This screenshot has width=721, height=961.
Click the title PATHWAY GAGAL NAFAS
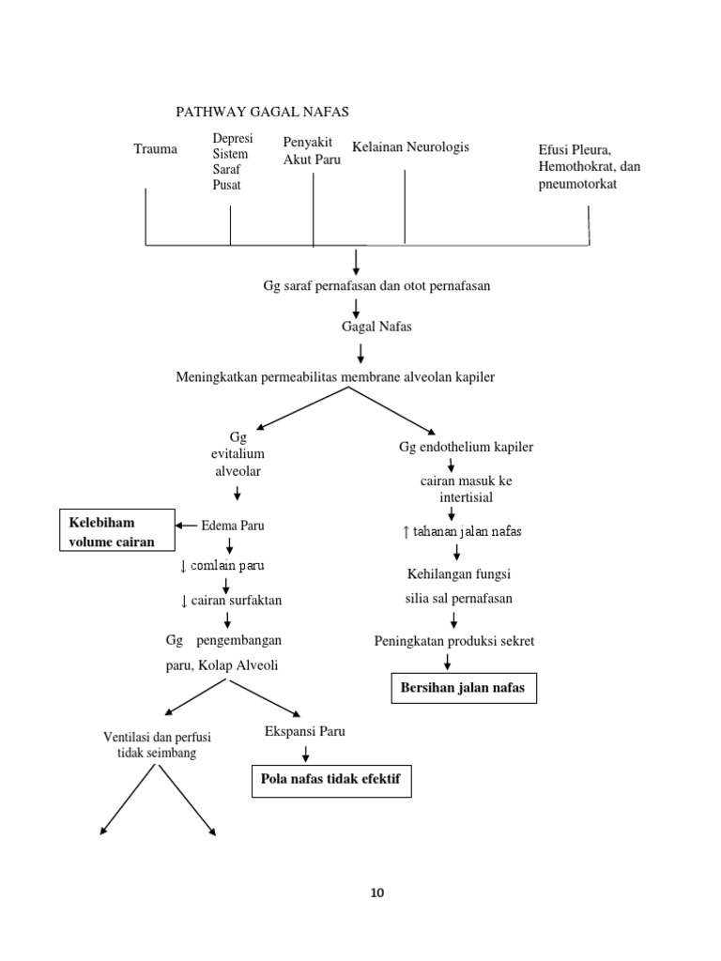click(262, 112)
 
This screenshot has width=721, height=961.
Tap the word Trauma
click(155, 148)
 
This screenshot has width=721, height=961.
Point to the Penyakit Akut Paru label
click(312, 150)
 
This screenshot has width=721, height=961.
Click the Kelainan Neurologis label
click(410, 146)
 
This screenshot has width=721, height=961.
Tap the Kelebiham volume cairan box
click(116, 532)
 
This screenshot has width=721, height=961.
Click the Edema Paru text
click(233, 526)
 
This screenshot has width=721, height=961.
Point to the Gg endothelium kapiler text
click(466, 447)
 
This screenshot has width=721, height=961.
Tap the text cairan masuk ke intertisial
click(453, 489)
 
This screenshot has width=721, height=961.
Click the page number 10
click(377, 892)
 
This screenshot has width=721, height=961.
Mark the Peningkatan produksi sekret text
click(453, 641)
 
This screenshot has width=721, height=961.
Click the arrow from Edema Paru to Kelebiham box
click(186, 526)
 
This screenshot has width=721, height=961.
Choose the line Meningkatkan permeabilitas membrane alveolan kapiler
click(335, 376)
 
